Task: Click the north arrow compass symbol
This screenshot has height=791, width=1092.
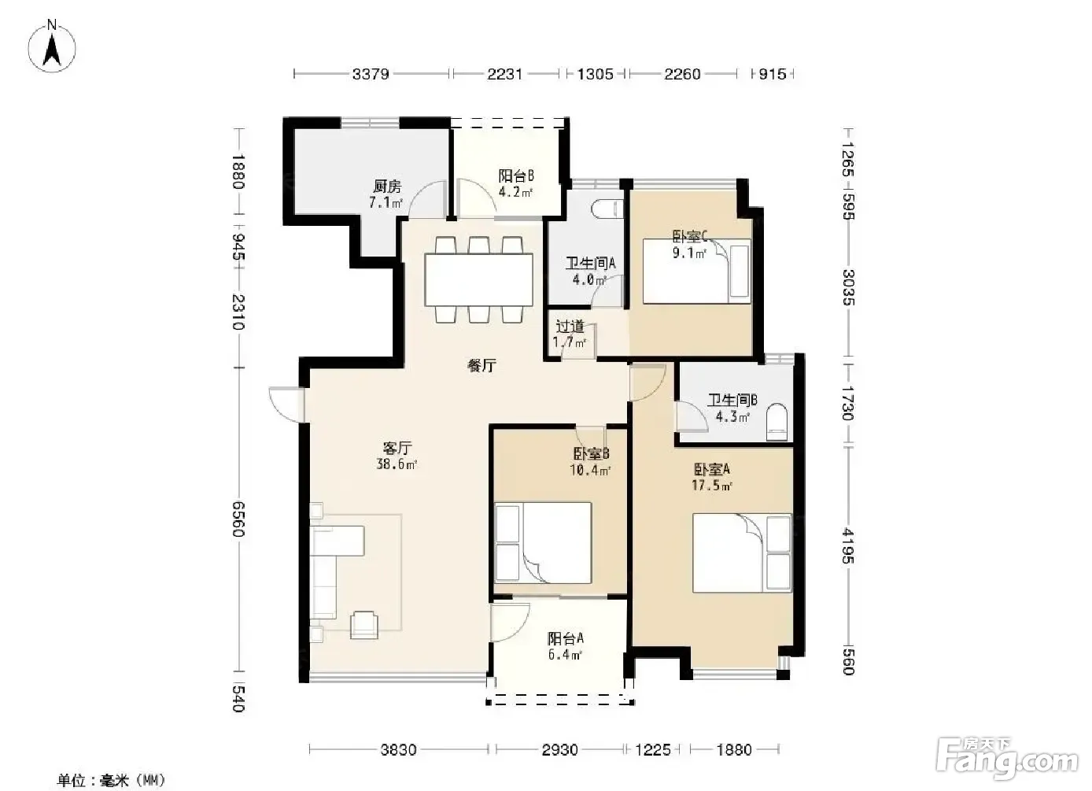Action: pyautogui.click(x=52, y=46)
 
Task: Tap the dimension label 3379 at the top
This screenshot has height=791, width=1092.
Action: pyautogui.click(x=371, y=74)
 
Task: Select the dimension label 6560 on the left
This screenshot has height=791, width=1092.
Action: pyautogui.click(x=238, y=519)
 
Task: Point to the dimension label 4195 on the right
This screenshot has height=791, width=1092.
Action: pyautogui.click(x=848, y=545)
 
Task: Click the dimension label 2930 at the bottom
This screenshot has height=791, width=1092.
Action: pyautogui.click(x=559, y=749)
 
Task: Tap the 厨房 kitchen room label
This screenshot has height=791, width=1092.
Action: pyautogui.click(x=387, y=186)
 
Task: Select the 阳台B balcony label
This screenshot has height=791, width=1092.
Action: pyautogui.click(x=516, y=176)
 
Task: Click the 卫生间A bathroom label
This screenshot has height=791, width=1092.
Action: pyautogui.click(x=590, y=264)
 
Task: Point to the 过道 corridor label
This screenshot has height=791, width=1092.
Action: pyautogui.click(x=570, y=327)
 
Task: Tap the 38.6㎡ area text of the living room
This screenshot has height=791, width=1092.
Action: pyautogui.click(x=397, y=464)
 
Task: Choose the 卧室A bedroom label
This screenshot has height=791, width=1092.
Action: pyautogui.click(x=712, y=469)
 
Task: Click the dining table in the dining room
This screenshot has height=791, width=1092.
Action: pyautogui.click(x=478, y=279)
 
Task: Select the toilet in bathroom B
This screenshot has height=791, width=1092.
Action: pyautogui.click(x=777, y=422)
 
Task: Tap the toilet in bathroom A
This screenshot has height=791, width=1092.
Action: pyautogui.click(x=607, y=209)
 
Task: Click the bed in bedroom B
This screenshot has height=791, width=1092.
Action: pyautogui.click(x=543, y=543)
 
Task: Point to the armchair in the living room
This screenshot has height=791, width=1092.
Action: pyautogui.click(x=364, y=625)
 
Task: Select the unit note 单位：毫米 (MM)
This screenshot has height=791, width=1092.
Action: pyautogui.click(x=111, y=780)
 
